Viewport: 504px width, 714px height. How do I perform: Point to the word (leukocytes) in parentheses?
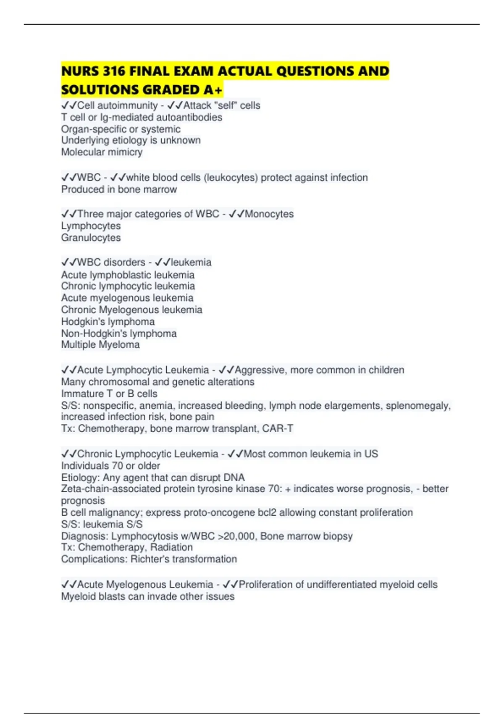click(231, 178)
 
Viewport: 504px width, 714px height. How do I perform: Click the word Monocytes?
click(269, 214)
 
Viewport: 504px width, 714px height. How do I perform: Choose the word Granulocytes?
click(91, 238)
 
